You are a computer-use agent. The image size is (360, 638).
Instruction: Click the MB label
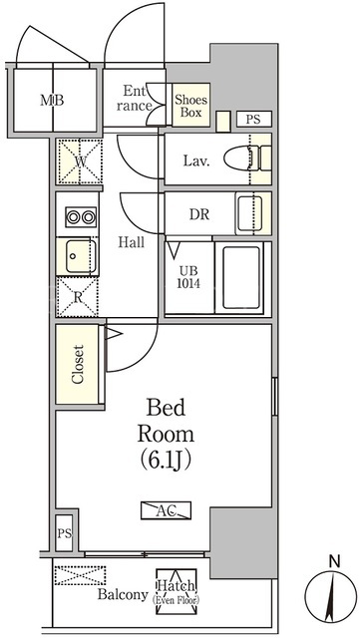[x=52, y=100]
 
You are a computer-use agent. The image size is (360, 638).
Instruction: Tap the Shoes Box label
[x=191, y=106]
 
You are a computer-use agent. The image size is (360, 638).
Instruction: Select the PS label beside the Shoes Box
[x=253, y=120]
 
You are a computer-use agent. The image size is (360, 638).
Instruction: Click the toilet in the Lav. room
[x=247, y=159]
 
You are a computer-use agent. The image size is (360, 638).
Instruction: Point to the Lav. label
[x=196, y=161]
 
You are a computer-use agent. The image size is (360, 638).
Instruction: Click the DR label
[x=199, y=214]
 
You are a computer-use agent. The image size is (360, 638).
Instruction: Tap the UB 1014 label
[x=188, y=277]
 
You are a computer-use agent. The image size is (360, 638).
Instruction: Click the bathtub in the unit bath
[x=242, y=278]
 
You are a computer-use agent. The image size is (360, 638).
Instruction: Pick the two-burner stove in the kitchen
[x=81, y=217]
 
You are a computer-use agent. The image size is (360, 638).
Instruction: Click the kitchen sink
[x=81, y=256]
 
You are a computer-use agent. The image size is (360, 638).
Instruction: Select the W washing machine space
[x=80, y=161]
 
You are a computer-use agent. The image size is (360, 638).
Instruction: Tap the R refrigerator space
[x=78, y=297]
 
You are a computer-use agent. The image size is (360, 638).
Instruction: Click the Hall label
[x=131, y=242]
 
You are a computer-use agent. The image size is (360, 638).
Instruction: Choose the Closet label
[x=78, y=364]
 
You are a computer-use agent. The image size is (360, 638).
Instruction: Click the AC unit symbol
[x=167, y=510]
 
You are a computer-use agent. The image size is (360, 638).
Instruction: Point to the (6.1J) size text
[x=166, y=461]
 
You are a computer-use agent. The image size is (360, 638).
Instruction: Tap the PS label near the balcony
[x=65, y=533]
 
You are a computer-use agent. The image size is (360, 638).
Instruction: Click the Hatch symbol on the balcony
[x=177, y=591]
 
